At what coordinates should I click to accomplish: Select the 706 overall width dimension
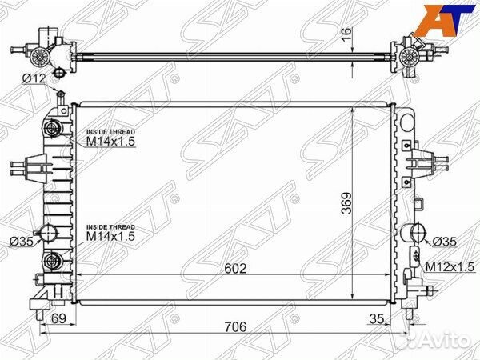point(234,328)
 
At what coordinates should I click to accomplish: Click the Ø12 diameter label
point(35,78)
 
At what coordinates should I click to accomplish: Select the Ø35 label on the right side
point(444,241)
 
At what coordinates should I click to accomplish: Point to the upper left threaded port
point(54,130)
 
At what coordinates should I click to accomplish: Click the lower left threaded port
point(54,259)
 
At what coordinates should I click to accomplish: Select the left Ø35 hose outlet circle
point(47,233)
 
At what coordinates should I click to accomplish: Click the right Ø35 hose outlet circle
point(417,233)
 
